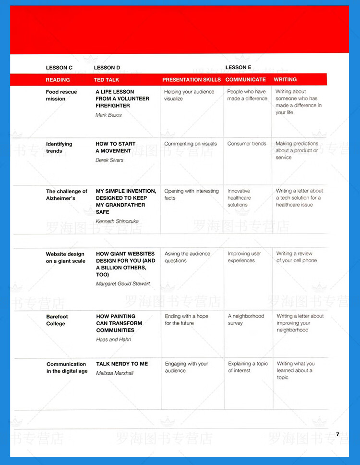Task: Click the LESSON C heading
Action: (59, 68)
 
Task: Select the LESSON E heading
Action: (238, 68)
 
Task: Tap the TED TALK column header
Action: (107, 80)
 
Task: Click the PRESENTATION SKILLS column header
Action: (192, 80)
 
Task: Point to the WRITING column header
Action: (285, 79)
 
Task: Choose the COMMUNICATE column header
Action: (245, 80)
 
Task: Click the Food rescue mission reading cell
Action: (61, 95)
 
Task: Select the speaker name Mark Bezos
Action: (108, 115)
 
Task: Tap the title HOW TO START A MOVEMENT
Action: (115, 147)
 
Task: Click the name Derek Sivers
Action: (109, 160)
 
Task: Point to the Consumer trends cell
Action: (247, 144)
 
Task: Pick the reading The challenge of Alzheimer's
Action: (66, 195)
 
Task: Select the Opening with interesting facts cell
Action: (191, 194)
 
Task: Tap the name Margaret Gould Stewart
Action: (123, 284)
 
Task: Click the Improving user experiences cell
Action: (244, 257)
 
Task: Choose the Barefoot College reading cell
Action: (57, 320)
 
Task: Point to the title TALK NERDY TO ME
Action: (122, 364)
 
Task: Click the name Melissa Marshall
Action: (115, 373)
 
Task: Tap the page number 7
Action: (337, 434)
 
